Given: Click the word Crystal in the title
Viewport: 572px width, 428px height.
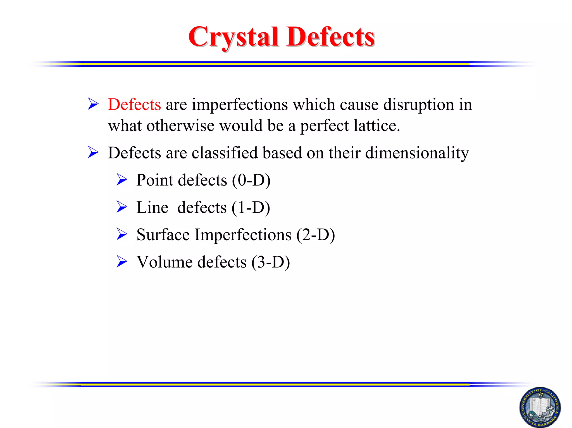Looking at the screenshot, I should [233, 37].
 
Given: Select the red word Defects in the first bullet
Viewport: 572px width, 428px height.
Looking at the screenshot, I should [134, 105].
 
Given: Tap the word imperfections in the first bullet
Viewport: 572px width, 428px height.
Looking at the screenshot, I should [240, 105].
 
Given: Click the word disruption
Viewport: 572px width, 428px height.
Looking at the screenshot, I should [418, 105].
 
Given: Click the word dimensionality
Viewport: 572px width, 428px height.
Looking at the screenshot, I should [417, 153].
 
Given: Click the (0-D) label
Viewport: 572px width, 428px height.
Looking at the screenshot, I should [251, 180].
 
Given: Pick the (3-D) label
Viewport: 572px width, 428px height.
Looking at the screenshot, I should [270, 262].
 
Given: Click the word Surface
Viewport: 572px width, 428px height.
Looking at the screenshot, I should [163, 235].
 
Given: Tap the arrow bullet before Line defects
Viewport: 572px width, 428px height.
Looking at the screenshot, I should [122, 207].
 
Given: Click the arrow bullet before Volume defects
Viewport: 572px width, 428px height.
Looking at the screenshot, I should [122, 261].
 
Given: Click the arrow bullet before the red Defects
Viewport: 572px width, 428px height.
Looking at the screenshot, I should [93, 104].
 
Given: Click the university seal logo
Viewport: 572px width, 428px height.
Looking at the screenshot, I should [540, 407].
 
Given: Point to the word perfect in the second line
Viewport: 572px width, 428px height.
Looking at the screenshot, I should [324, 126].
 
